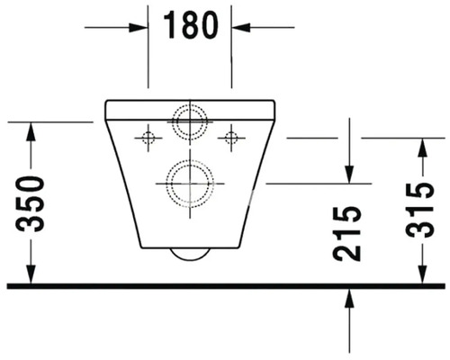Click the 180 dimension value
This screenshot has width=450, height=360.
[x=191, y=25]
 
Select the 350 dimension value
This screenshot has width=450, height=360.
[x=30, y=204]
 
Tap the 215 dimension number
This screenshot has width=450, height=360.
[x=346, y=233]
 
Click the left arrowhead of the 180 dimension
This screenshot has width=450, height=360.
[x=139, y=28]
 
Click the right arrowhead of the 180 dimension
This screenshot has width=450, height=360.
[x=240, y=28]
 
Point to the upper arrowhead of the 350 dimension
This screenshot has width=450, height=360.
[x=31, y=131]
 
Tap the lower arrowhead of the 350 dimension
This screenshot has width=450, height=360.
[x=31, y=274]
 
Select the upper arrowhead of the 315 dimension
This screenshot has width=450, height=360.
[x=423, y=148]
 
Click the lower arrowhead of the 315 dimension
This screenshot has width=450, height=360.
[x=423, y=274]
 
